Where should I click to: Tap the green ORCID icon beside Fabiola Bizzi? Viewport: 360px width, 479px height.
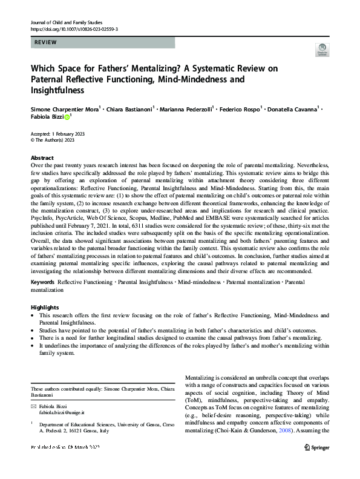(67, 116)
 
